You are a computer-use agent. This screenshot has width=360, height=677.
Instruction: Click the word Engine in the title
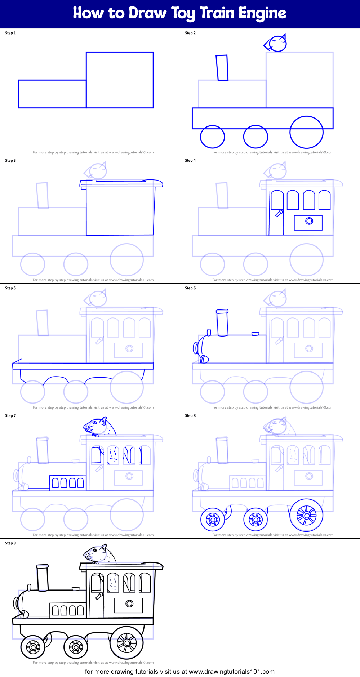click(262, 13)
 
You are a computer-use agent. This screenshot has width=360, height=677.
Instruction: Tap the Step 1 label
click(10, 33)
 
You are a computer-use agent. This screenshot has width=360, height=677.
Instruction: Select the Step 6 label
click(190, 288)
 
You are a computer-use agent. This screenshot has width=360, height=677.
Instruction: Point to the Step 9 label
click(10, 543)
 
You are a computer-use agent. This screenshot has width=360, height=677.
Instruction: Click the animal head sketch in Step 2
click(276, 43)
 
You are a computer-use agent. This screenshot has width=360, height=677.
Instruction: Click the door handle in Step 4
click(279, 213)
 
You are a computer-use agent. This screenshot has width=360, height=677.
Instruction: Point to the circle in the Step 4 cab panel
click(309, 221)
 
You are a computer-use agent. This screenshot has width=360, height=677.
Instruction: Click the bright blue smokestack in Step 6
click(222, 322)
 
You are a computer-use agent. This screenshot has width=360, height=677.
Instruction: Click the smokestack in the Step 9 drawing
click(43, 578)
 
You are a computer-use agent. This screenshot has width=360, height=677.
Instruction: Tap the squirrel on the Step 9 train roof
click(100, 554)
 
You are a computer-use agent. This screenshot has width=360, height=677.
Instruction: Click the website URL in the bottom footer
click(232, 672)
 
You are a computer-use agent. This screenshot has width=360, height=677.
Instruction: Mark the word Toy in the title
click(184, 14)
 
